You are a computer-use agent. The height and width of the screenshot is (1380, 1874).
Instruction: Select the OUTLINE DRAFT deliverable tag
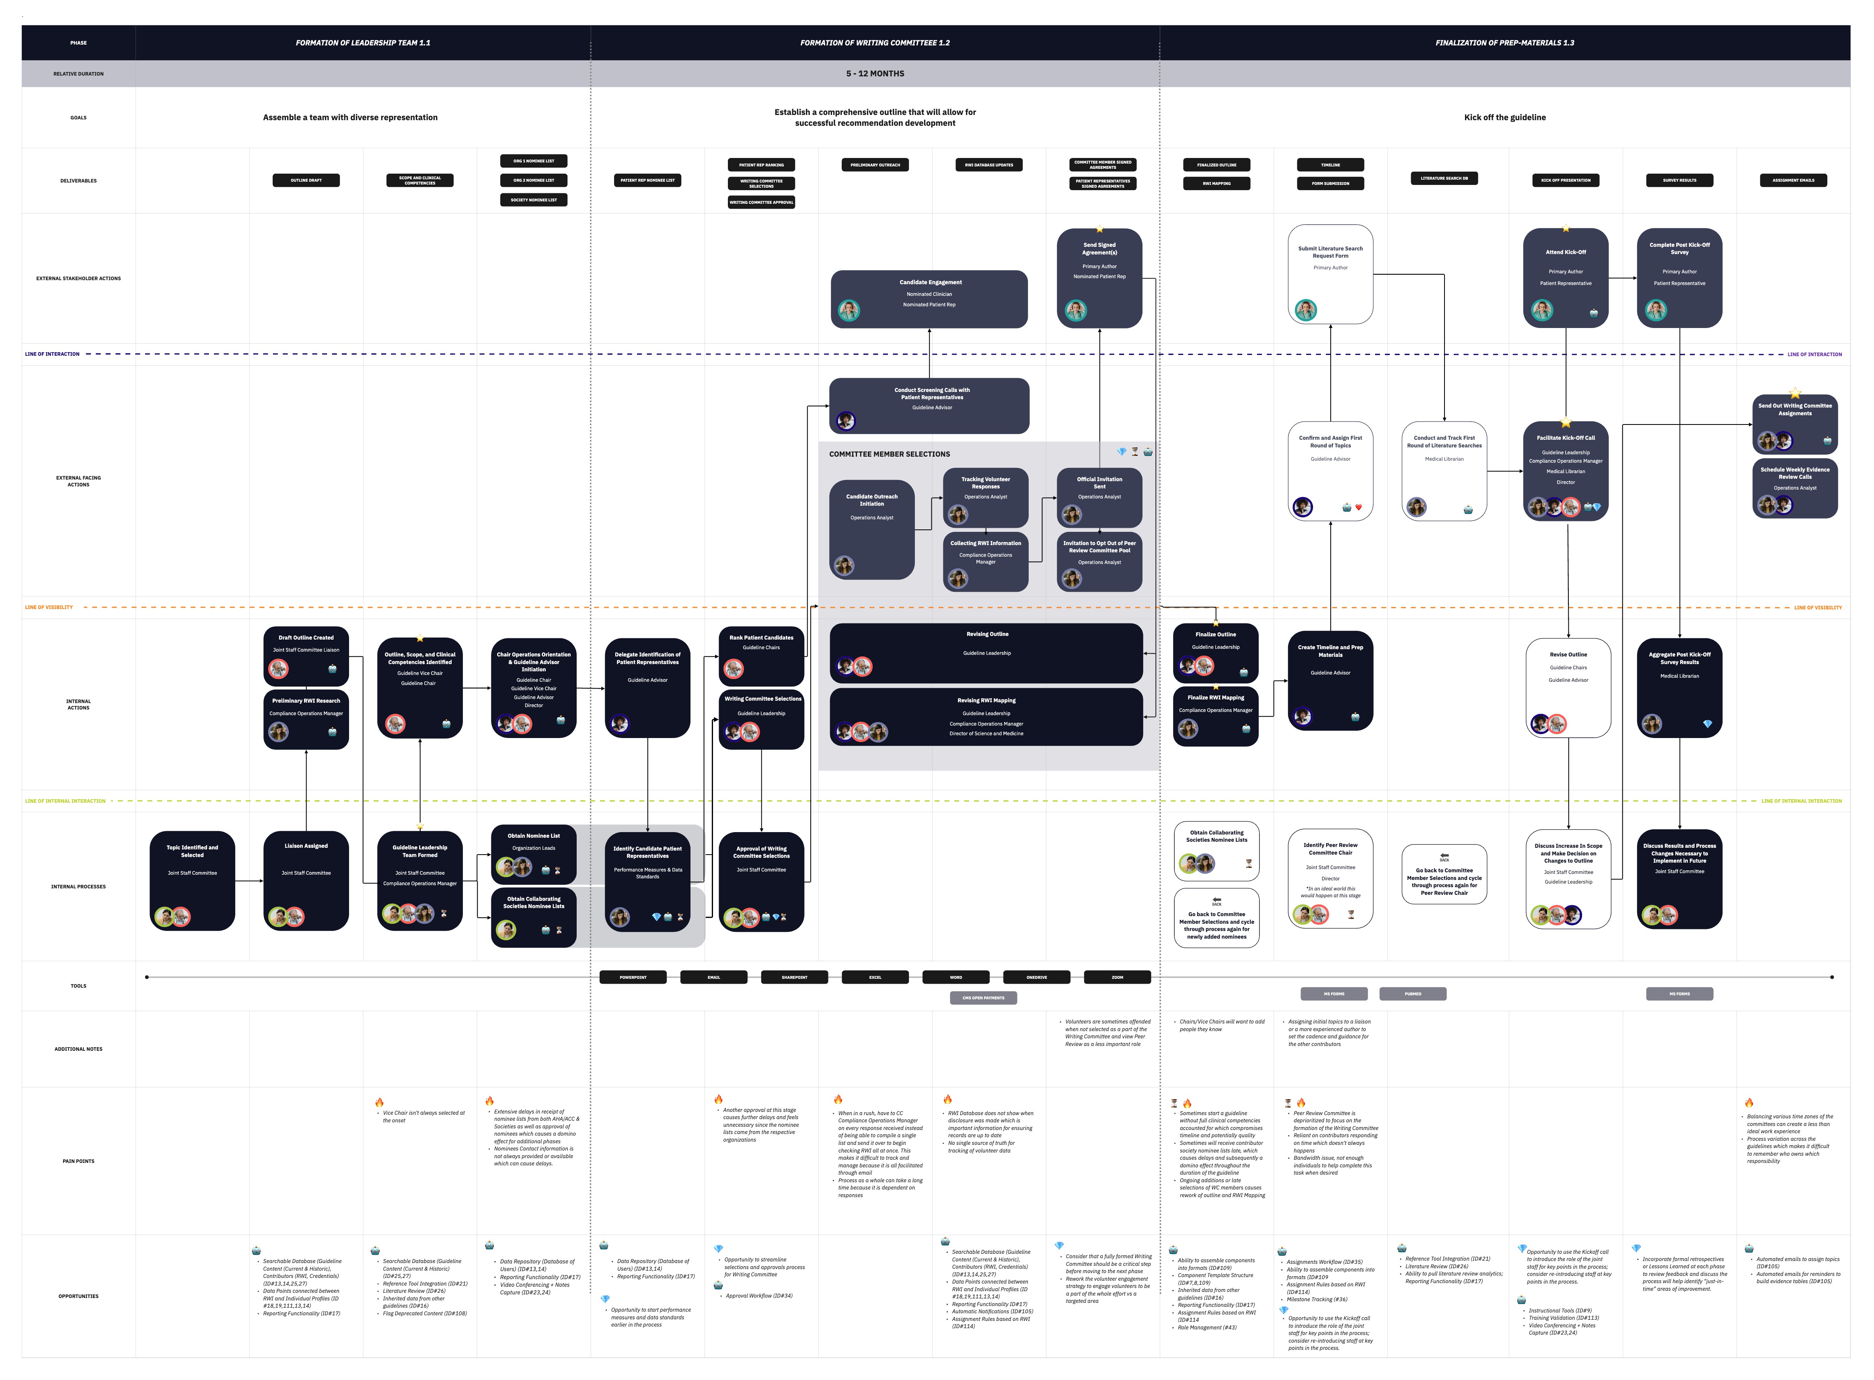[x=306, y=180]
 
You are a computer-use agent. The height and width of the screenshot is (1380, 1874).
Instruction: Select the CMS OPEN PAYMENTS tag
[x=983, y=997]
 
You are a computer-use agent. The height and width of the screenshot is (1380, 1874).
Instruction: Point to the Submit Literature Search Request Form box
[x=1330, y=274]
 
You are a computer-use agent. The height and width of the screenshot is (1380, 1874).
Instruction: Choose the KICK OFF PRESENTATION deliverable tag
[x=1566, y=180]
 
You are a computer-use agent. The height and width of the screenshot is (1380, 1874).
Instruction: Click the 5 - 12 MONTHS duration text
[x=875, y=74]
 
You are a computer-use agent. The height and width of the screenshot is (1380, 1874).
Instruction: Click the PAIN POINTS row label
[x=78, y=1161]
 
